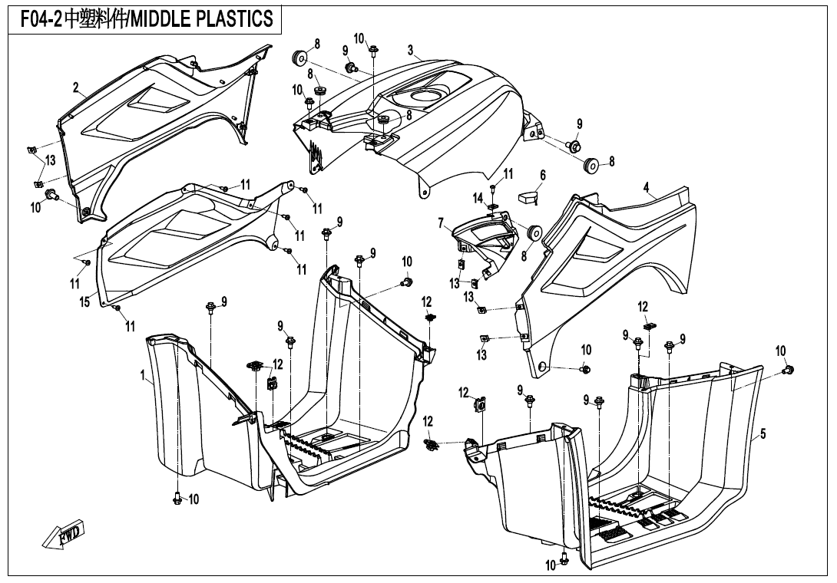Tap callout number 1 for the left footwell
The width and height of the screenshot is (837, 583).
point(144,375)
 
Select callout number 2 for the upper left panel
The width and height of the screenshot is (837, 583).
point(76,88)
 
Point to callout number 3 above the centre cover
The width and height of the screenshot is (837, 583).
point(411,51)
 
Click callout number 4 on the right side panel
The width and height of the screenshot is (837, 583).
point(647,186)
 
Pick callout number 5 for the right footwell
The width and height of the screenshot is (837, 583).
point(763,434)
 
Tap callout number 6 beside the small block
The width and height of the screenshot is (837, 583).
point(542,176)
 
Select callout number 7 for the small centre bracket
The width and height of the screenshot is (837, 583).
point(441,223)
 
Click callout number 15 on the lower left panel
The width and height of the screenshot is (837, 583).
point(85,301)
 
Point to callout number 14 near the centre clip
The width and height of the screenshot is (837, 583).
point(478,199)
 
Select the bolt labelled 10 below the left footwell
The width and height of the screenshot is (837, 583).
point(177,499)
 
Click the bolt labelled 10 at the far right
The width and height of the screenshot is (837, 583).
point(787,371)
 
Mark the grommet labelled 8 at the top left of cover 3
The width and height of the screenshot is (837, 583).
point(299,58)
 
